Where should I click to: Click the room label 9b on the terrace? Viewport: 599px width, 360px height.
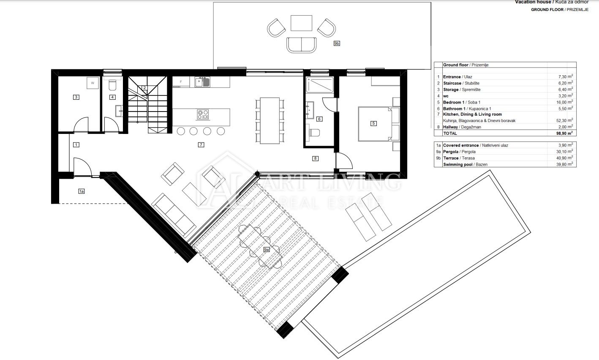337,44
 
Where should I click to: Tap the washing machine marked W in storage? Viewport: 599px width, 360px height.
93,83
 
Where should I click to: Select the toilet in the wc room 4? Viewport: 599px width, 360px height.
112,85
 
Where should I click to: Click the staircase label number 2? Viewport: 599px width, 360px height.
144,88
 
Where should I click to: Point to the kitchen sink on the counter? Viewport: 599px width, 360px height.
202,82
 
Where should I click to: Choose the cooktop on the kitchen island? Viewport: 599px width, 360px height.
203,115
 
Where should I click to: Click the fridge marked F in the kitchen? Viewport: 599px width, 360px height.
181,82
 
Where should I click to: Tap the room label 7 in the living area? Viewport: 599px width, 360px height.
201,145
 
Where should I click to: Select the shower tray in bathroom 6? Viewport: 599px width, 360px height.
320,85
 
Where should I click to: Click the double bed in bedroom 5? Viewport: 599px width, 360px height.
378,124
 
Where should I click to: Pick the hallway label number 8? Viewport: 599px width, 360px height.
315,158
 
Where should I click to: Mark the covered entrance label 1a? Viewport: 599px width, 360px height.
82,191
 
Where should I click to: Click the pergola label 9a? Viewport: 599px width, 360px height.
267,250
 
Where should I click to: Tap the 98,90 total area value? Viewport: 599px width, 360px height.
564,133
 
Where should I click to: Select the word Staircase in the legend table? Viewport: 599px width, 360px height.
452,83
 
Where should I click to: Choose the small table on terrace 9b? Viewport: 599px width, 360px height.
301,23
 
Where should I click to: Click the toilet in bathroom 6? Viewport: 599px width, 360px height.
314,133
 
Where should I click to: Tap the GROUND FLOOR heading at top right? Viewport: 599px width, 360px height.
547,10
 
